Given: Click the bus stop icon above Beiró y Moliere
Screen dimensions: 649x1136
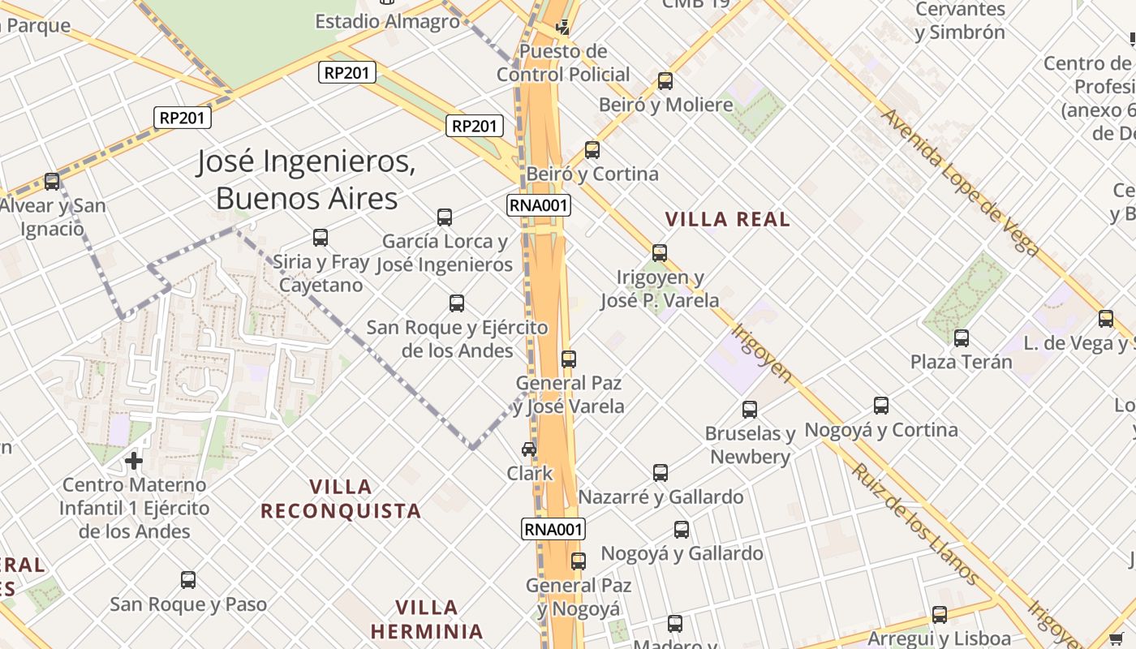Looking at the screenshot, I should pos(665,81).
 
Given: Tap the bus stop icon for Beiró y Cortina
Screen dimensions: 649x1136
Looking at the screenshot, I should pos(592,150).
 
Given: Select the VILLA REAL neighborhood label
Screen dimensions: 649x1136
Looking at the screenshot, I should pos(727,219).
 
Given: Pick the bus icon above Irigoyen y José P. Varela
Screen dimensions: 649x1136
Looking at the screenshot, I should pos(660,253).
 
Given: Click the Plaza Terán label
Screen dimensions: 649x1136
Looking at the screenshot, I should pos(962,362).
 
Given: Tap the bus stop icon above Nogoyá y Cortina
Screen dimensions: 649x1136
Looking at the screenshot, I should pos(881,406).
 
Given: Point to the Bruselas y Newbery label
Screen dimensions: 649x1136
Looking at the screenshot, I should pos(750,445).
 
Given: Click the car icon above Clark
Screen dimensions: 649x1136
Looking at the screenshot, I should pos(529,449).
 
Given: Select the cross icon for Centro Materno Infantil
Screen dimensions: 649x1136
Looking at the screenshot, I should pos(134,462).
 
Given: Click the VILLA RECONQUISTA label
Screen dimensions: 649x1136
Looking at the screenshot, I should pos(341,499).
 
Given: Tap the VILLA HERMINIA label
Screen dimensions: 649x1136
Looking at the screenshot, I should pos(427,619).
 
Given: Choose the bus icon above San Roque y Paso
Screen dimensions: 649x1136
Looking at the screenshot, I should pos(188,580).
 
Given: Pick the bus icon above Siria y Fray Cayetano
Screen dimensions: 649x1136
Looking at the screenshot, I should pos(321,238).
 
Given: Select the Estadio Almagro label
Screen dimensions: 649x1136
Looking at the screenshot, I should pos(387,21).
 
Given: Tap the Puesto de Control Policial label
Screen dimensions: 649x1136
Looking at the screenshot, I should pos(563,63).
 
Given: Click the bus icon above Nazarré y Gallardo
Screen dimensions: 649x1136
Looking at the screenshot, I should pos(661,472).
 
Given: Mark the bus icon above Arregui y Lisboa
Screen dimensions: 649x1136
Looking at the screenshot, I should pos(940,615).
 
